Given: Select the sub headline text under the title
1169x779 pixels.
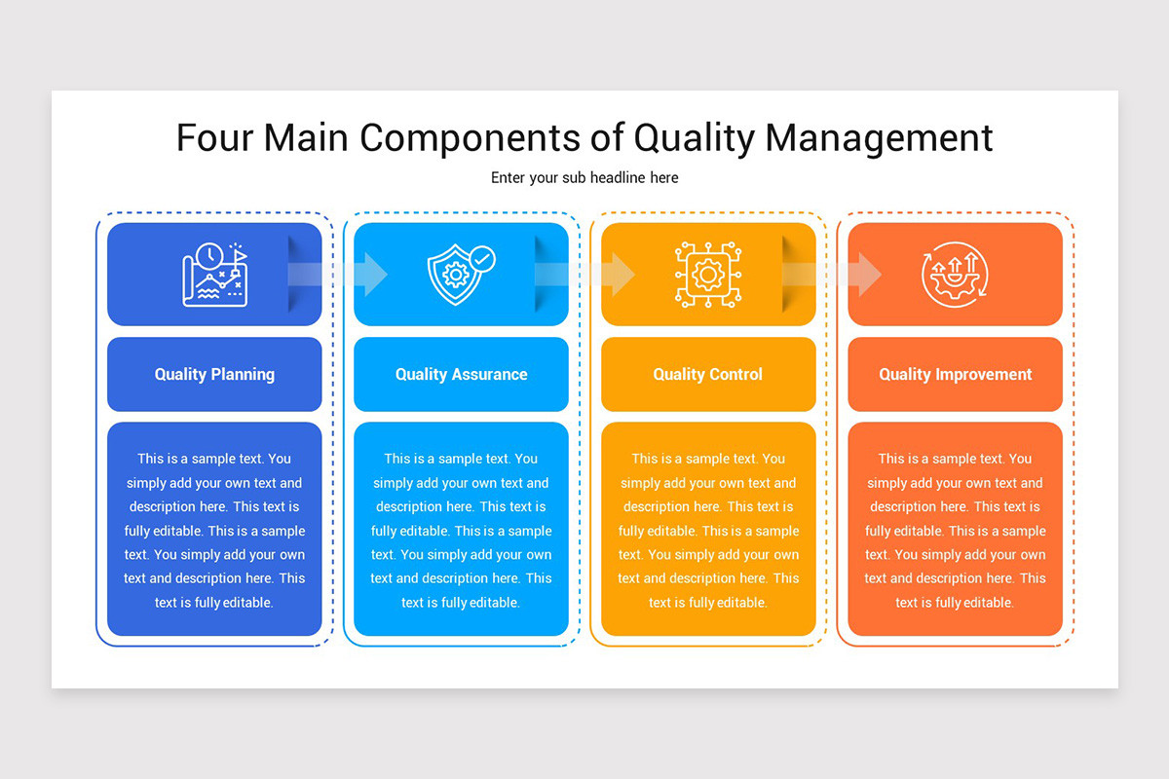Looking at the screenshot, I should [x=584, y=177].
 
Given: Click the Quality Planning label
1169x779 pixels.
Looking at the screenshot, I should [x=214, y=374].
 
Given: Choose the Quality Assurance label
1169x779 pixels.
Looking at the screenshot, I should [x=461, y=374].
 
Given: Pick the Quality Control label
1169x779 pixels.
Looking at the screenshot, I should [x=708, y=374].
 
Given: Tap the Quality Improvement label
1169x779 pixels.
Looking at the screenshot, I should [x=955, y=374].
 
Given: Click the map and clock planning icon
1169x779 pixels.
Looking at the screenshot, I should [x=214, y=275].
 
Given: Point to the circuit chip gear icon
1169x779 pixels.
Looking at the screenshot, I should [x=708, y=275].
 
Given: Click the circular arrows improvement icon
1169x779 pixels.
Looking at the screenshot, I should [x=955, y=275].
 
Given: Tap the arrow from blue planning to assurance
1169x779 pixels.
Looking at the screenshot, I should [x=341, y=275].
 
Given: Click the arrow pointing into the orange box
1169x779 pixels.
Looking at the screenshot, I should [x=834, y=275].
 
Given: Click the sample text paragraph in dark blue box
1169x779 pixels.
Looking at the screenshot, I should [x=214, y=531].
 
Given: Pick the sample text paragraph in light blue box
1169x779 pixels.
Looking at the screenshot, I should [x=461, y=531].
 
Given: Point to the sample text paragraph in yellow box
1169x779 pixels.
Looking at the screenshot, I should [x=708, y=531].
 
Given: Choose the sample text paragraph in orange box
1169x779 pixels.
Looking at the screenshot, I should [x=955, y=531].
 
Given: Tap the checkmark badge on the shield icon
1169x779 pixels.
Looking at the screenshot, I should [x=481, y=259].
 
